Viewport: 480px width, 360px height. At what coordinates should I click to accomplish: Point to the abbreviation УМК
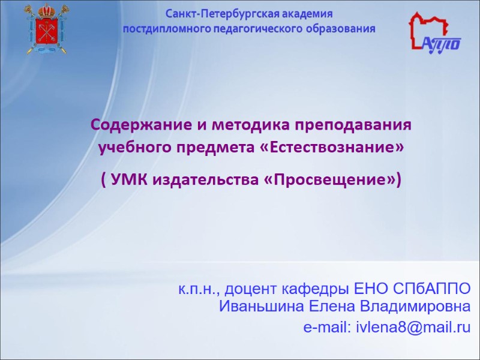coord(128,179)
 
